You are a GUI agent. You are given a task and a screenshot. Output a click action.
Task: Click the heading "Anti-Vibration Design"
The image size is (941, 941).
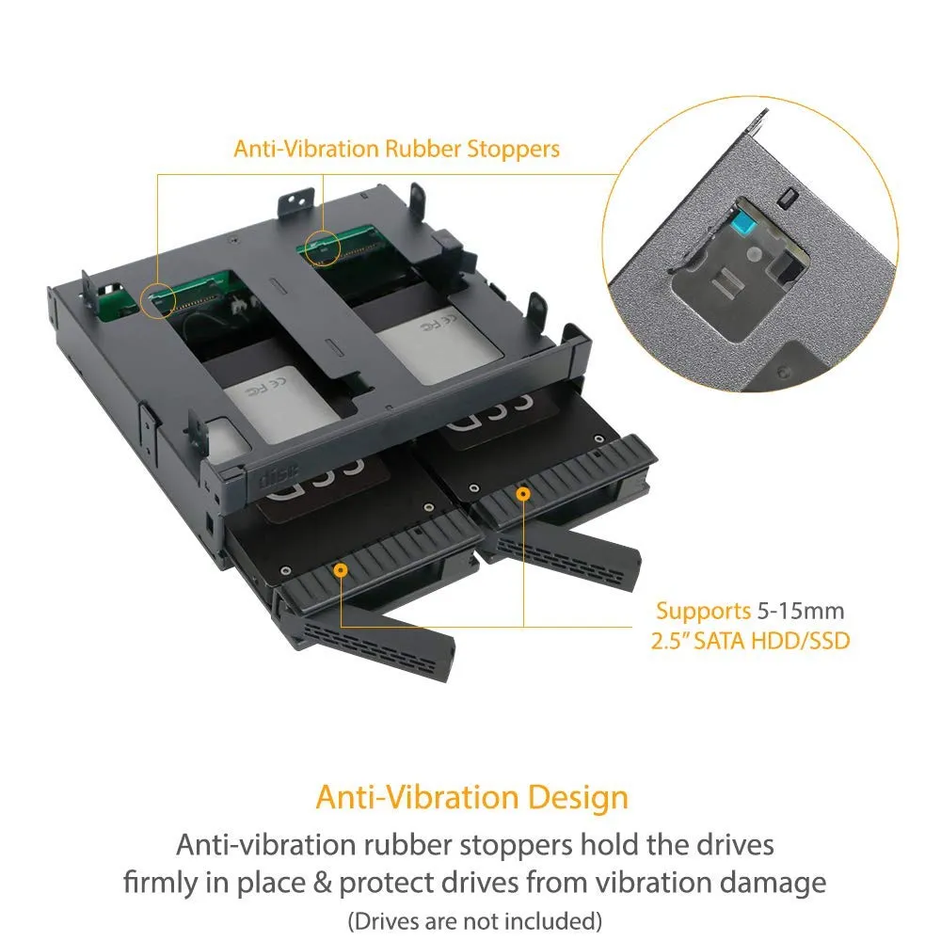(471, 798)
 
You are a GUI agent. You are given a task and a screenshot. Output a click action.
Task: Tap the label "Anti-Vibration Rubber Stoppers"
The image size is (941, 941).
(397, 149)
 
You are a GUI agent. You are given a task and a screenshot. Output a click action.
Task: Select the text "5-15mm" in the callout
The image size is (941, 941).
(801, 611)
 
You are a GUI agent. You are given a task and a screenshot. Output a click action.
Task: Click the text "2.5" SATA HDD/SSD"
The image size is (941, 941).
(750, 641)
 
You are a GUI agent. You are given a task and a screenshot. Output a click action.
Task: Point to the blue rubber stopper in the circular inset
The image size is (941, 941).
(744, 225)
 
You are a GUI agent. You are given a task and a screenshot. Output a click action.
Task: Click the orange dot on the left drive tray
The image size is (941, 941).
(341, 569)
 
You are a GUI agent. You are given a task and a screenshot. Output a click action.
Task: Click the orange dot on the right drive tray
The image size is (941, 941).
(523, 494)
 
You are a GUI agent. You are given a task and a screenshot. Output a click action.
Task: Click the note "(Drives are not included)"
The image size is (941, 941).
(474, 920)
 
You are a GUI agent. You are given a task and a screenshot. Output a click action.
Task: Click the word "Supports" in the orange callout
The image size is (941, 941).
(703, 611)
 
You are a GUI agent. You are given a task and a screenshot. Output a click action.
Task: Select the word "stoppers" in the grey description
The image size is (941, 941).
(516, 846)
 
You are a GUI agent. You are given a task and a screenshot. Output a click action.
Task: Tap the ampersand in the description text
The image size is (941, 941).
(322, 883)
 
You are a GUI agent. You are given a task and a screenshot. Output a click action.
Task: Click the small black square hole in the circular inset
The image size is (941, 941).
(788, 198)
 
